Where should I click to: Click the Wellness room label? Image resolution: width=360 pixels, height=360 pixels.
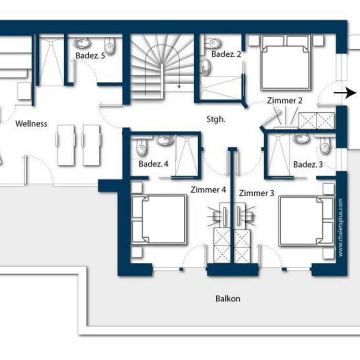point(31,124)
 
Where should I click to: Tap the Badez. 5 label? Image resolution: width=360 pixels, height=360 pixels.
point(90,56)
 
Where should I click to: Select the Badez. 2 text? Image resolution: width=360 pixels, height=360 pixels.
point(226,54)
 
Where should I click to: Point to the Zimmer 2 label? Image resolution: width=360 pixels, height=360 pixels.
point(285,101)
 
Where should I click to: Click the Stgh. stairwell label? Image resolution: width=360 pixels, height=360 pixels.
point(216,120)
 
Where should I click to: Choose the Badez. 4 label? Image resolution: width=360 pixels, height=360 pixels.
point(153,164)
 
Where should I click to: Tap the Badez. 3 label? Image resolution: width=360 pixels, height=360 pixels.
point(308,165)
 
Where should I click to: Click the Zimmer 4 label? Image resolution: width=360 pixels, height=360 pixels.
point(208,190)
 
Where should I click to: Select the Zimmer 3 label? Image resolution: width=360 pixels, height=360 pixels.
point(256,193)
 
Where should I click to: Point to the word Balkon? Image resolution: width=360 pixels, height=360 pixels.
point(228,299)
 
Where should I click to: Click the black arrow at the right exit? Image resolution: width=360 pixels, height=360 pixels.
point(345,93)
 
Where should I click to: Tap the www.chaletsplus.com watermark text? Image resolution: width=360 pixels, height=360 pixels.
point(340,227)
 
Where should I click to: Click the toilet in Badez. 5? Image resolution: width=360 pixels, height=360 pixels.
point(110,45)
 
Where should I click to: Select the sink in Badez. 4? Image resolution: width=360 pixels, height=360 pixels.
point(165,140)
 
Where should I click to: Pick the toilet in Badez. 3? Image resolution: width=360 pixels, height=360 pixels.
point(325,146)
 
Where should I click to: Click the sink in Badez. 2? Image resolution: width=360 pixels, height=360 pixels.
point(205,67)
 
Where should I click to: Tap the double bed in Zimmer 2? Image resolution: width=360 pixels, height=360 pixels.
point(286,62)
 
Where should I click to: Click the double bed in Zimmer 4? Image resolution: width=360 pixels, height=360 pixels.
point(159,220)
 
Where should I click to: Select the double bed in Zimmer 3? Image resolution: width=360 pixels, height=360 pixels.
point(306,221)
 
